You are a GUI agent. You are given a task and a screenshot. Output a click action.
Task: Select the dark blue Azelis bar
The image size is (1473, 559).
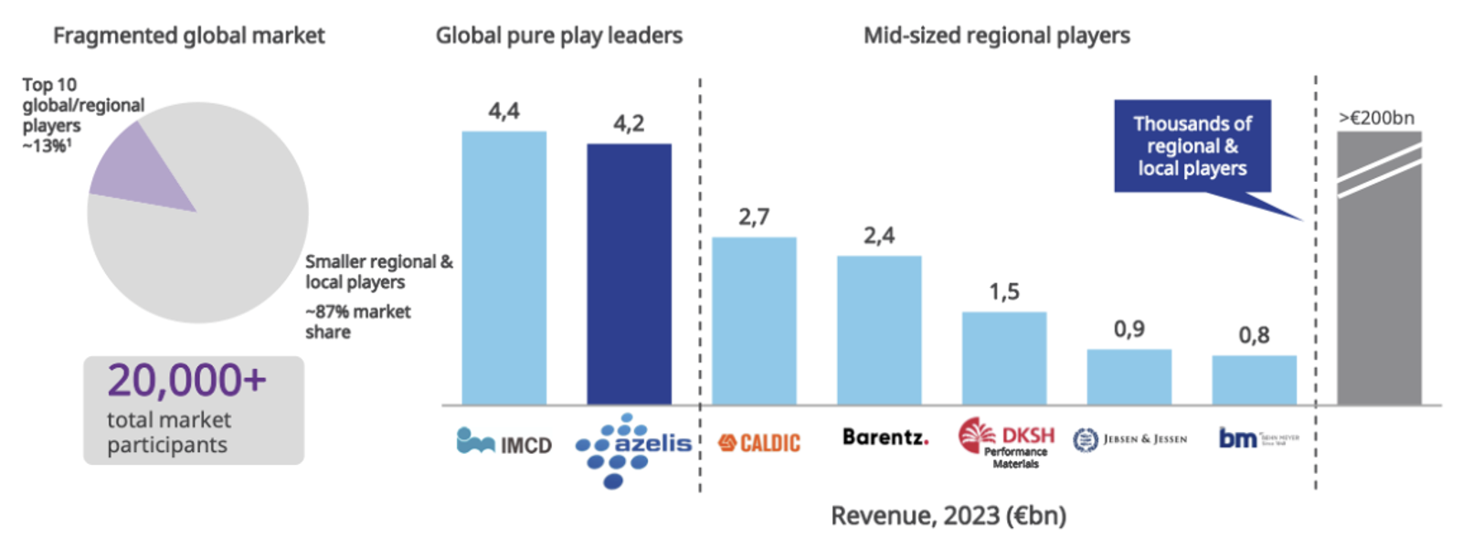click(629, 274)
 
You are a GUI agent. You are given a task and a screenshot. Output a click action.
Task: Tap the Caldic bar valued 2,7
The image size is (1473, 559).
click(754, 321)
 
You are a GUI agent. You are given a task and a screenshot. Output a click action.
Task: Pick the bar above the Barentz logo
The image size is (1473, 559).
click(879, 330)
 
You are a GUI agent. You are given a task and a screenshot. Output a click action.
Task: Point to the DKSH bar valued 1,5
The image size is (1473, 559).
click(1003, 358)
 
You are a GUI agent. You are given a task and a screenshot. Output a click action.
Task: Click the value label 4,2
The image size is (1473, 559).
click(629, 123)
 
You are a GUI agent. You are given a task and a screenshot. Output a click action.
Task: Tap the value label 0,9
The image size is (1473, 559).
click(1129, 329)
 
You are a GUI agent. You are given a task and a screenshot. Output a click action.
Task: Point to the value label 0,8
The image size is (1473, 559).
click(1254, 335)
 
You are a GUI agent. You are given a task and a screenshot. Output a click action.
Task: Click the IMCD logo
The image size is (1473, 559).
click(504, 442)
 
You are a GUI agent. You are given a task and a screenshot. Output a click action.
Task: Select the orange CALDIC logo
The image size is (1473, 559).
click(758, 443)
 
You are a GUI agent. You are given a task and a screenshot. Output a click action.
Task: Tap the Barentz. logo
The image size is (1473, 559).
click(885, 438)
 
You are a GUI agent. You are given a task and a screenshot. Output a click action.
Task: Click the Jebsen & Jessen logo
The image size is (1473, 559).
click(1130, 440)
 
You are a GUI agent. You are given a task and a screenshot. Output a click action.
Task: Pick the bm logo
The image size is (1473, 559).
click(1257, 438)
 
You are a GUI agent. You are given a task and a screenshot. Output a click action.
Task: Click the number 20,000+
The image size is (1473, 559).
click(186, 380)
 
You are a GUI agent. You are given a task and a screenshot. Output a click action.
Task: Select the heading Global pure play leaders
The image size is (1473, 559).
click(558, 36)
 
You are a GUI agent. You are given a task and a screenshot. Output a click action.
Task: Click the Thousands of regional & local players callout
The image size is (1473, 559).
click(1192, 146)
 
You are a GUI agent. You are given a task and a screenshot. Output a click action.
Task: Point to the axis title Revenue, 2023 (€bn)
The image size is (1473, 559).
click(948, 516)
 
